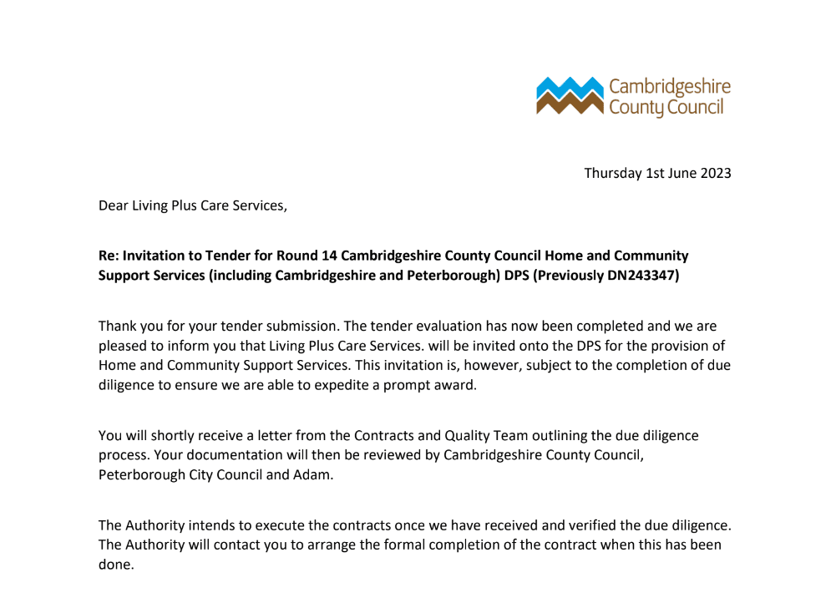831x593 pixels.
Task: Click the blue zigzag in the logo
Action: coord(569,86)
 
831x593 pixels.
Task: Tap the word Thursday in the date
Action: coord(612,174)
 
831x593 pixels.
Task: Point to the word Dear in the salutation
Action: coord(114,205)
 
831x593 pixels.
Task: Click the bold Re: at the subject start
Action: coord(111,256)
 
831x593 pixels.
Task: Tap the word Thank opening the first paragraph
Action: coord(118,326)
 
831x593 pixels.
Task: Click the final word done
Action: coord(115,565)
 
